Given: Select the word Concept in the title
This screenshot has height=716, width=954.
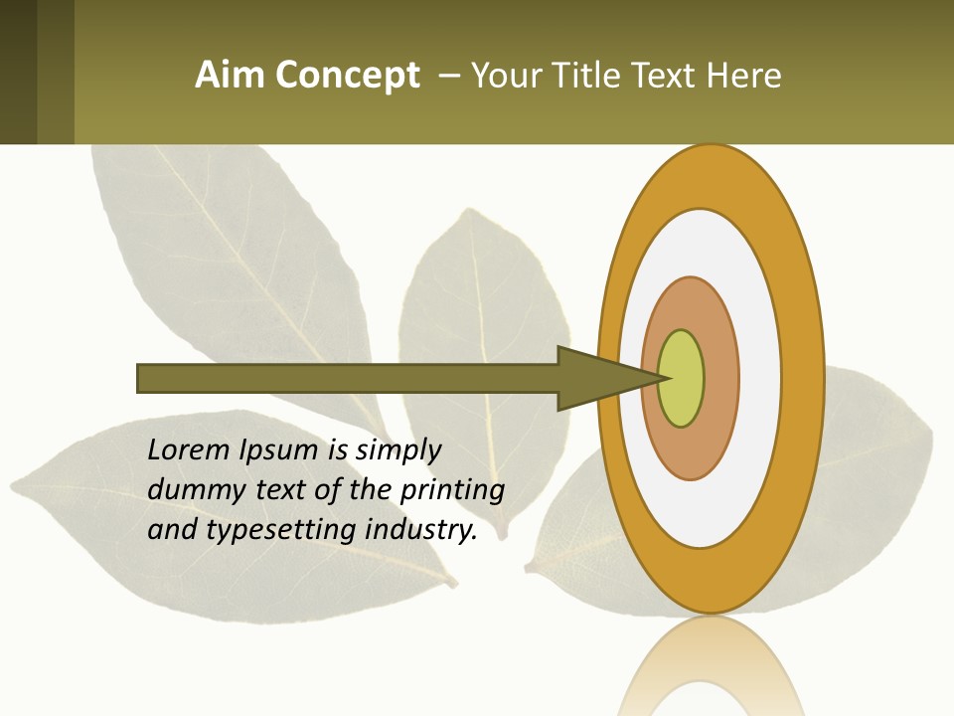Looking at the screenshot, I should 349,77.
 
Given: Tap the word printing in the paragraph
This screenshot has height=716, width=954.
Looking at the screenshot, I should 452,490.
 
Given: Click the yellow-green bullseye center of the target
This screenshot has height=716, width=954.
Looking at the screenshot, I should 682,379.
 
